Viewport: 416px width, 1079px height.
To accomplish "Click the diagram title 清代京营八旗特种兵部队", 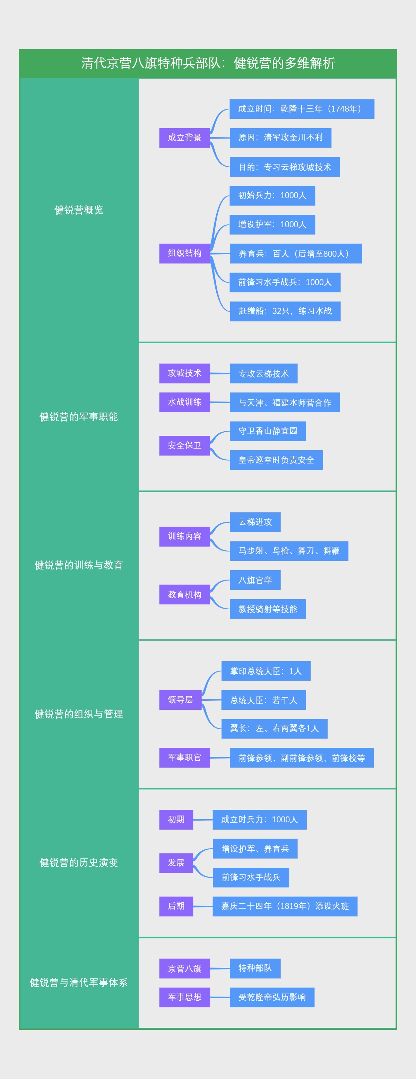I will point(208,63).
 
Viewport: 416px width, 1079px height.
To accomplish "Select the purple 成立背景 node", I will point(184,138).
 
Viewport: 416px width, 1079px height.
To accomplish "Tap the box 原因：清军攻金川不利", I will point(280,138).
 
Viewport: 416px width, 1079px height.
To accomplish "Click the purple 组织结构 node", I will point(184,254).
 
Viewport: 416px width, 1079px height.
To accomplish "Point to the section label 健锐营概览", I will point(79,210).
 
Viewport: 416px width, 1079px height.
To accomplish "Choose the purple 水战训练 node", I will point(184,402).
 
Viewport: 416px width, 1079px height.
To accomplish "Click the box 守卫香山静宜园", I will point(268,431).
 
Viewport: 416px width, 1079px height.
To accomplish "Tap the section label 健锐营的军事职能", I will point(79,417).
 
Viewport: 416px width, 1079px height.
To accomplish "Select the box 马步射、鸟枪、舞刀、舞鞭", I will point(289,551).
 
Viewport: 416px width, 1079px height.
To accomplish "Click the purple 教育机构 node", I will point(184,594).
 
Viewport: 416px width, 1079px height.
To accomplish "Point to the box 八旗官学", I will point(255,580).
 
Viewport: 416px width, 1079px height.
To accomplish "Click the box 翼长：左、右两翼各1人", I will point(274,728).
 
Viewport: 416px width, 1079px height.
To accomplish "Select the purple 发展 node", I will point(176,863).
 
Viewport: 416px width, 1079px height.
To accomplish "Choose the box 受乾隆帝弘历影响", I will point(272,997).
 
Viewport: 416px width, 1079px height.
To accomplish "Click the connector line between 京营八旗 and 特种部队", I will point(220,969).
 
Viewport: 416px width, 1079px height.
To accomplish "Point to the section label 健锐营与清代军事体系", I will point(79,983).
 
